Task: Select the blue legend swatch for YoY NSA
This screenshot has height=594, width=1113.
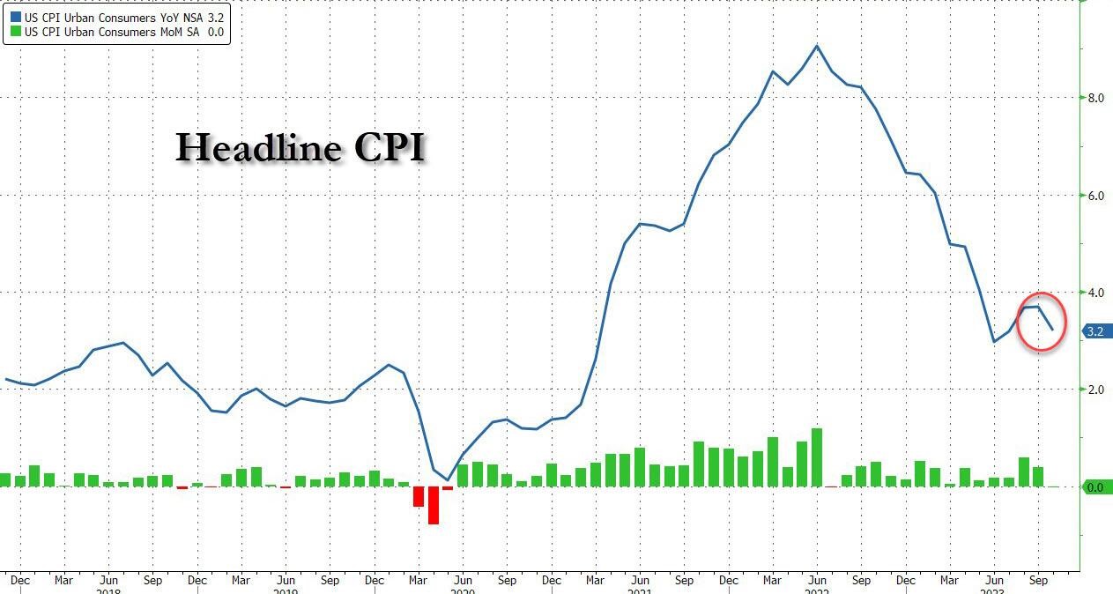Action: tap(16, 17)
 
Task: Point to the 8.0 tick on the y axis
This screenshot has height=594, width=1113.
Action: tap(1095, 98)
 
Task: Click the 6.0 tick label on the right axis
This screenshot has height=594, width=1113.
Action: tap(1095, 196)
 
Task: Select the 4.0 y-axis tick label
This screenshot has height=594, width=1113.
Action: tap(1095, 293)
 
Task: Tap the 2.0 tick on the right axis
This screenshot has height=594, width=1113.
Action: tap(1095, 390)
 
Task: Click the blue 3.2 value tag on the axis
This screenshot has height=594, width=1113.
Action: tap(1097, 332)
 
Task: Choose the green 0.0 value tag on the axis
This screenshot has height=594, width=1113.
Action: tap(1097, 487)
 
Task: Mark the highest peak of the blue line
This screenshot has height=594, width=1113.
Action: tap(817, 46)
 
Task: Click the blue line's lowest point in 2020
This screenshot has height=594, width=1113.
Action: tap(448, 479)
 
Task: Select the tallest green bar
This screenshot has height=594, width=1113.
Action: tap(817, 457)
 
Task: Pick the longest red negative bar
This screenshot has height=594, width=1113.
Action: tap(434, 505)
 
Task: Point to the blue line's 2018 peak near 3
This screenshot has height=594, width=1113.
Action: tap(122, 343)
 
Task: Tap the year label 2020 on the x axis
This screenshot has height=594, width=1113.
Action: tap(462, 590)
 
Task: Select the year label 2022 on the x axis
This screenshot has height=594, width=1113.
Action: tap(817, 590)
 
